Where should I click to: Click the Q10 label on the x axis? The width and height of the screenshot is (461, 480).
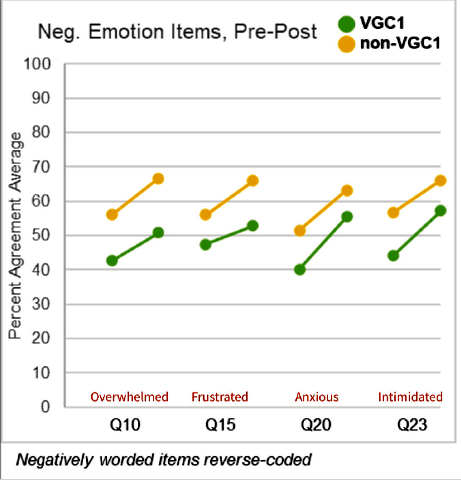tap(126, 426)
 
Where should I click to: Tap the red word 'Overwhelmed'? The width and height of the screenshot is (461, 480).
tap(129, 397)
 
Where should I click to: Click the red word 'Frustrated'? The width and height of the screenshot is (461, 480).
tap(220, 397)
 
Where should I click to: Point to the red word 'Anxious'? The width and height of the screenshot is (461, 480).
tap(317, 397)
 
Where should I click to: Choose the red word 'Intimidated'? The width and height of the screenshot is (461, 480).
tap(410, 397)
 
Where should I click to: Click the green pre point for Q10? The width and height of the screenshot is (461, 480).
tap(112, 260)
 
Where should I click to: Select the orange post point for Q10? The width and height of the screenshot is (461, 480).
tap(158, 179)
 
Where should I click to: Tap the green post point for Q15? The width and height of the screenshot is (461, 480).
tap(253, 225)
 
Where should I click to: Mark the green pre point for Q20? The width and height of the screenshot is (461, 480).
tap(300, 269)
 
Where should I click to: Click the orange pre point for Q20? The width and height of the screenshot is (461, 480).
tap(300, 230)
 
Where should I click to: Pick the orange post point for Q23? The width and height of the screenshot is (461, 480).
tap(440, 180)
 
